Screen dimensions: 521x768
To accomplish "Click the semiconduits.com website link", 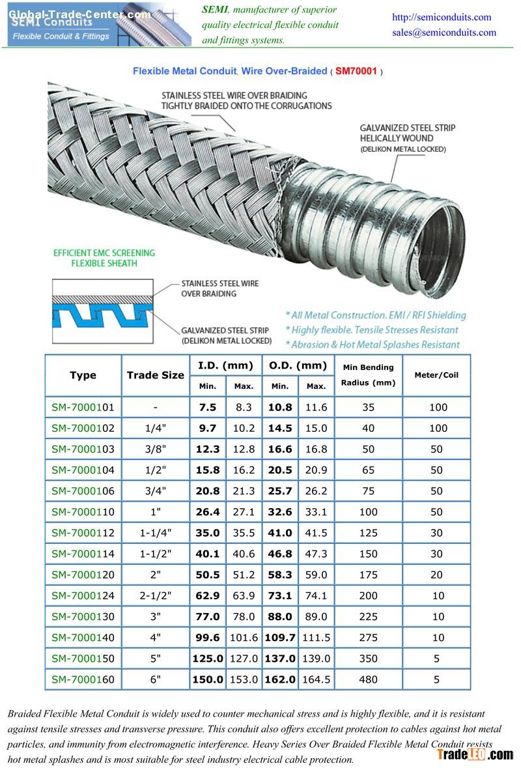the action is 441,17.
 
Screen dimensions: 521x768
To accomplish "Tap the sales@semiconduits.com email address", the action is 444,33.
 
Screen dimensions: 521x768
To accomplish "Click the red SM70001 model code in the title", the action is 356,71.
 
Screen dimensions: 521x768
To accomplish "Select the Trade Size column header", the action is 155,375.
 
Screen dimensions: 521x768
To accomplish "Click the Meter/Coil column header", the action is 436,375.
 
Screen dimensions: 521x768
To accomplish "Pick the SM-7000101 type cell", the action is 83,407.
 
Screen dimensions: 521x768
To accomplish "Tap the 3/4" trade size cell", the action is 155,491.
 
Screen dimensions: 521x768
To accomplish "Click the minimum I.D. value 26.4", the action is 208,512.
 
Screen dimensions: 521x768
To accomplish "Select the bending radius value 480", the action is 368,679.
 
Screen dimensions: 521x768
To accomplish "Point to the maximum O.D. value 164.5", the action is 316,679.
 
